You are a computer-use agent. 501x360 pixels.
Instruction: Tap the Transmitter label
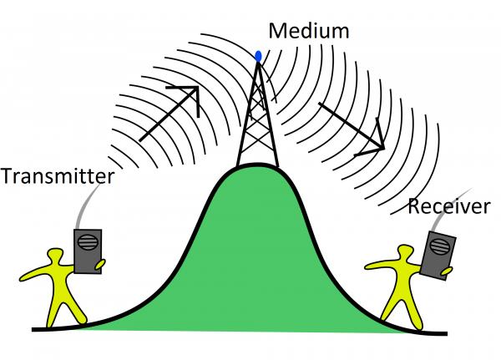57,178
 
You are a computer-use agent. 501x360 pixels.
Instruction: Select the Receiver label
448,206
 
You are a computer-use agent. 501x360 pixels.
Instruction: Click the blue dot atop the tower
257,57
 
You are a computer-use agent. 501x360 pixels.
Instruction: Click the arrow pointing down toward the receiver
351,125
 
